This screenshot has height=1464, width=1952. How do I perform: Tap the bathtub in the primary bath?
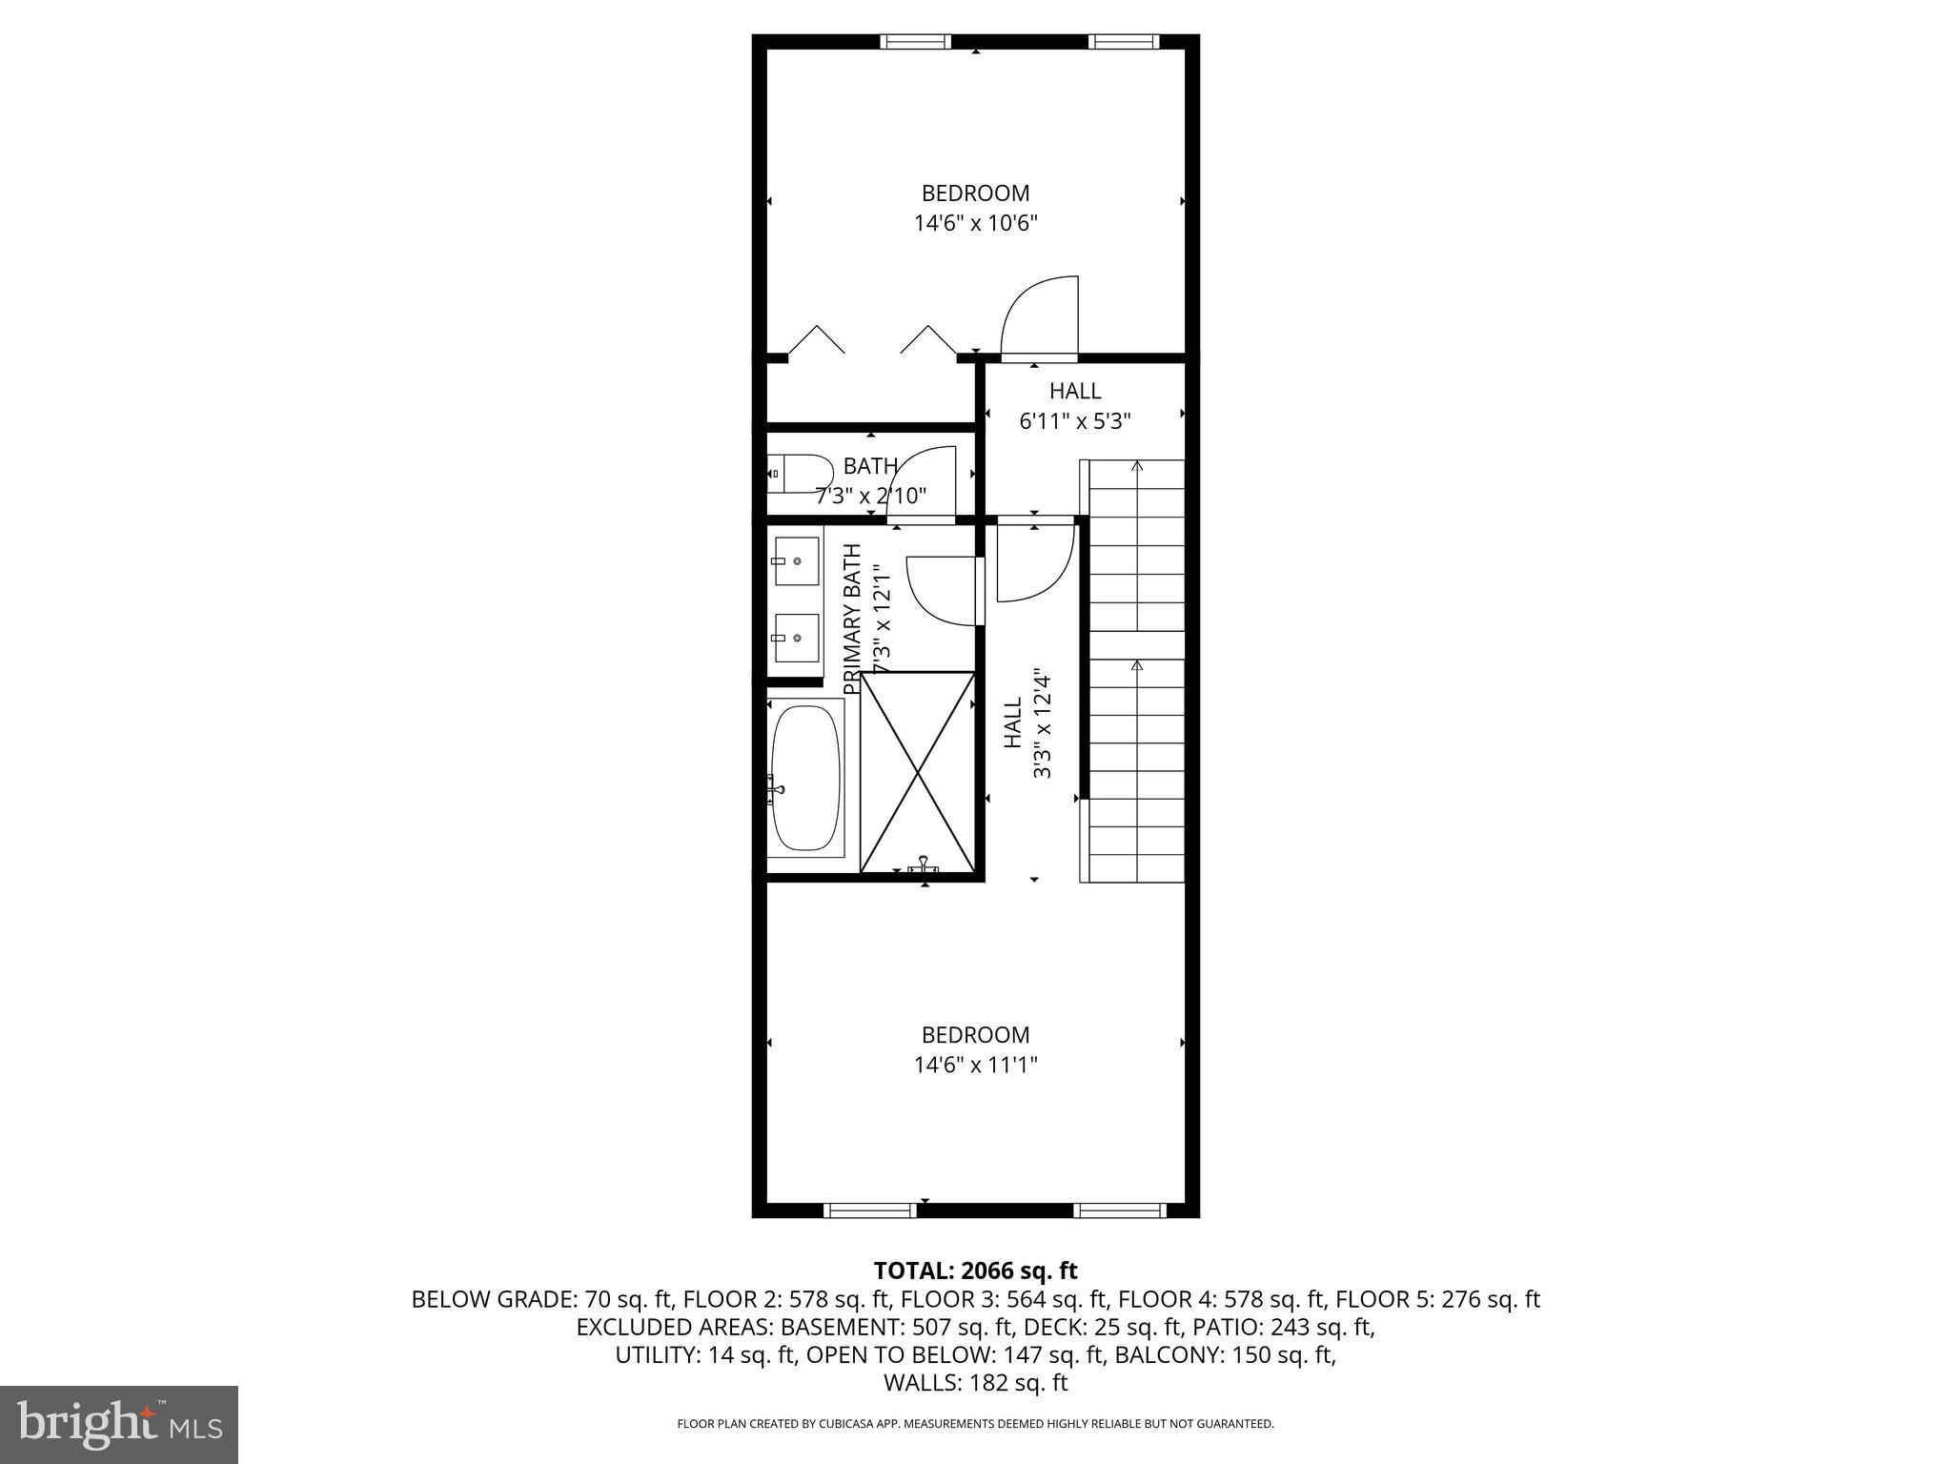pos(805,778)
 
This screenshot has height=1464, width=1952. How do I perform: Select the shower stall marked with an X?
pos(918,772)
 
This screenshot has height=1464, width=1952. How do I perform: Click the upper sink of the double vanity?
pos(796,561)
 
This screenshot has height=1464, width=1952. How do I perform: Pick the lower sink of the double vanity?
pos(796,638)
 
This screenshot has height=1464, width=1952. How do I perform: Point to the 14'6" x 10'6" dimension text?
pos(975,224)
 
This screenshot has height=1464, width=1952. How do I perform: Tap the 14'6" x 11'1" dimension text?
pos(975,1065)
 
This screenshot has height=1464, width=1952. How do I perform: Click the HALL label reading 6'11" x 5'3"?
pos(1075,391)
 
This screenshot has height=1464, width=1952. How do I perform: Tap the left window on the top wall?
pos(915,41)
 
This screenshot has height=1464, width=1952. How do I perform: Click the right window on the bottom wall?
pos(1120,1210)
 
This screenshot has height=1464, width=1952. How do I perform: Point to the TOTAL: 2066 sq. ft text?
pos(975,1271)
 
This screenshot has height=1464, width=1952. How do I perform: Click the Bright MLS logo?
pos(119,1424)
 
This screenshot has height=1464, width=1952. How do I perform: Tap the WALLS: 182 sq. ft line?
pos(975,1382)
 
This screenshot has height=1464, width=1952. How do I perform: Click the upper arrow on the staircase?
pos(1136,467)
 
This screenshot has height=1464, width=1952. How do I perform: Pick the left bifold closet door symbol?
pos(816,339)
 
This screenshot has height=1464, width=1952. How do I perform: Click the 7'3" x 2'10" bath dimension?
pos(870,497)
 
